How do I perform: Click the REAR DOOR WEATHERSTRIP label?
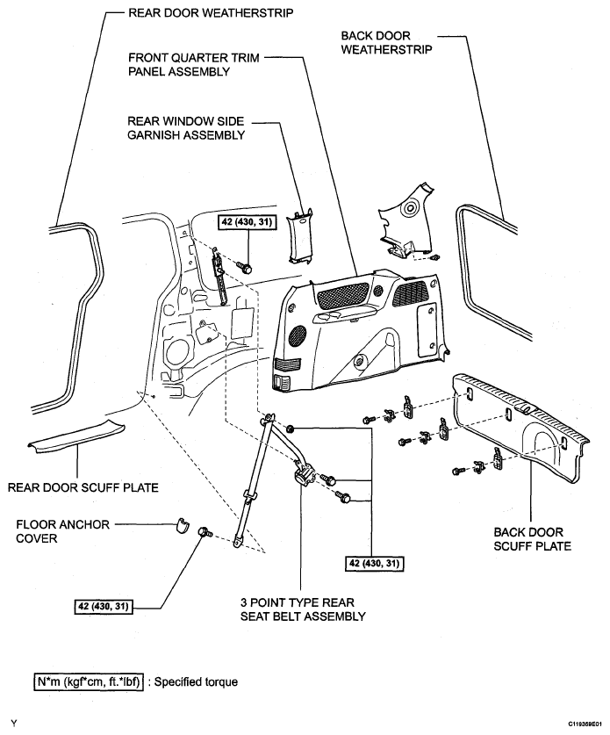point(211,12)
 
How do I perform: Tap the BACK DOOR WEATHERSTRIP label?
point(386,43)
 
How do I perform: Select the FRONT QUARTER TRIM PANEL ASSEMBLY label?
point(193,65)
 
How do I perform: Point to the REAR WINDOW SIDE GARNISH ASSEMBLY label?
point(186,128)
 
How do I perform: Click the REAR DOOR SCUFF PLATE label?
point(83,487)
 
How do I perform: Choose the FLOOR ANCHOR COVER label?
point(62,531)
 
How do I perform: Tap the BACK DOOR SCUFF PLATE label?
point(532,539)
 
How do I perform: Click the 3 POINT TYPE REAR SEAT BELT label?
point(303,609)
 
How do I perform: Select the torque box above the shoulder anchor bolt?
point(248,222)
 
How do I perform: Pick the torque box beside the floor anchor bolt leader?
point(104,606)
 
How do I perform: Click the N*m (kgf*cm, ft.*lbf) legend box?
point(89,681)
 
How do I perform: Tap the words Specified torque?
point(196,681)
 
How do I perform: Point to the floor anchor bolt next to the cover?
point(205,531)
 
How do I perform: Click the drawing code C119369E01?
point(585,724)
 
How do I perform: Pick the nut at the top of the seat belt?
point(291,428)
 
